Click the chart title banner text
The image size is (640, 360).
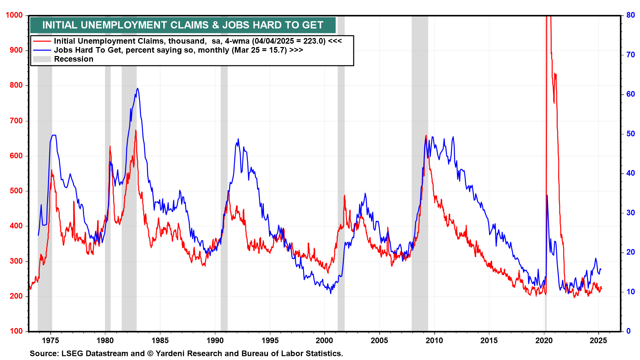(183, 25)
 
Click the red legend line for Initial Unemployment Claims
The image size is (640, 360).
(42, 41)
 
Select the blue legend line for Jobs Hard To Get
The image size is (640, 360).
(42, 50)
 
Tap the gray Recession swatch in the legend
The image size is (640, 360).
(42, 59)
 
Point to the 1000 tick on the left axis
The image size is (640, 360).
(14, 15)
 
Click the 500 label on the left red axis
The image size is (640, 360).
(16, 191)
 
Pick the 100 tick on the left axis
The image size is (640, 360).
(16, 331)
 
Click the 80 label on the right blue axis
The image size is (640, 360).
(630, 15)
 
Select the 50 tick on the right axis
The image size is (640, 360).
(630, 134)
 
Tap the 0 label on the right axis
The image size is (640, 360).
(628, 331)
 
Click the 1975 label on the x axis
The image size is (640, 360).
(50, 340)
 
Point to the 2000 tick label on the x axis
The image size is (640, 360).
(324, 340)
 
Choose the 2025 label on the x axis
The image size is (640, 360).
(598, 340)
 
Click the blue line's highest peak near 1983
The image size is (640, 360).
(138, 88)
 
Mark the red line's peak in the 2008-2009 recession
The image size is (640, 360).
(426, 135)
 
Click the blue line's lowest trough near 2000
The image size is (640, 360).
(331, 293)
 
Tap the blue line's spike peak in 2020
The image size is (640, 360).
(547, 195)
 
